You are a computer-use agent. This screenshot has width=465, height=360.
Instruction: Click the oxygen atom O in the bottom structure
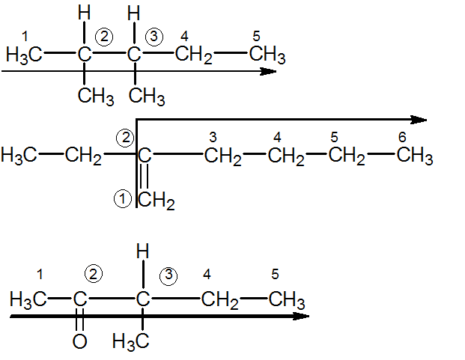click(x=80, y=341)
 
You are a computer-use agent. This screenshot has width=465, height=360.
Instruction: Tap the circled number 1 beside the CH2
click(x=123, y=198)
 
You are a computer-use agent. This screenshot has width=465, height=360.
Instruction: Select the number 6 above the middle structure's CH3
click(x=402, y=137)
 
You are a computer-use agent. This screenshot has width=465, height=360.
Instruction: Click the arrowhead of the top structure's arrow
click(x=268, y=71)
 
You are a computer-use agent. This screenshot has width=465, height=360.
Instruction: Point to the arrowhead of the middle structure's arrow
click(x=419, y=120)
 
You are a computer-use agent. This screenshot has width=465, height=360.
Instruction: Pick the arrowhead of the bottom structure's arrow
click(x=301, y=316)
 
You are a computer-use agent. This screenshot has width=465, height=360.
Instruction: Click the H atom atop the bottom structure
click(x=142, y=251)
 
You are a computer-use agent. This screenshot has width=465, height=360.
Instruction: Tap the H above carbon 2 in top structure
click(x=84, y=13)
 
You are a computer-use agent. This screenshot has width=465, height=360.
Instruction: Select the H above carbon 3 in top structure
click(x=134, y=13)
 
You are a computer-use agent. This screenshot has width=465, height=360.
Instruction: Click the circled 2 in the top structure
click(x=104, y=37)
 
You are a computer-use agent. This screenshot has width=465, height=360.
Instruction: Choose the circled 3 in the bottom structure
click(x=168, y=276)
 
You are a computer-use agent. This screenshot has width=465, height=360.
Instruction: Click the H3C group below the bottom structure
click(x=131, y=342)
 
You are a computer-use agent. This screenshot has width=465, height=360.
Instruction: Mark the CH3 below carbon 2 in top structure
click(x=96, y=97)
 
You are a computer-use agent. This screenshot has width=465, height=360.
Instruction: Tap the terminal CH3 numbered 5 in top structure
click(x=267, y=55)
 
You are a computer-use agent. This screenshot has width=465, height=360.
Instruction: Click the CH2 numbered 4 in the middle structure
click(x=286, y=157)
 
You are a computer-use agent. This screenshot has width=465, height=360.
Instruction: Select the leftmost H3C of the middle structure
click(x=19, y=156)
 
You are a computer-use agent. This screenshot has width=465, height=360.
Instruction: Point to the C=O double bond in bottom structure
click(x=80, y=320)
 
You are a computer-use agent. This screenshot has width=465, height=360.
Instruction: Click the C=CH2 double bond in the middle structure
click(x=144, y=176)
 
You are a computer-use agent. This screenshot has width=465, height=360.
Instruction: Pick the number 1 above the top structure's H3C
click(x=25, y=37)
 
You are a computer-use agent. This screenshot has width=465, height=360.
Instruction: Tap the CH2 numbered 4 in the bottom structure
click(x=219, y=301)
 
